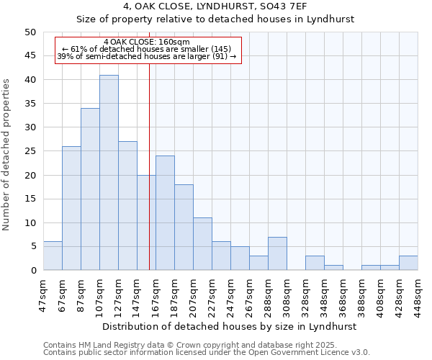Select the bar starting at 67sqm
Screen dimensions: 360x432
click(x=71, y=208)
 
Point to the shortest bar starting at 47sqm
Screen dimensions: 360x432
click(x=53, y=256)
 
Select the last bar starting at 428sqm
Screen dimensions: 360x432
click(x=408, y=263)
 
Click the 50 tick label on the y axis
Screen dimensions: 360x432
click(x=30, y=32)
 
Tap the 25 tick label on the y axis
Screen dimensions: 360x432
click(x=30, y=151)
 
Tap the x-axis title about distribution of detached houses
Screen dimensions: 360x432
click(x=229, y=326)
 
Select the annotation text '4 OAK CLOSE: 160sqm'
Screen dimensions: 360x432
click(x=147, y=42)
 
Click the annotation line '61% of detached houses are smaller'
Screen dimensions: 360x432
click(x=147, y=49)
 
